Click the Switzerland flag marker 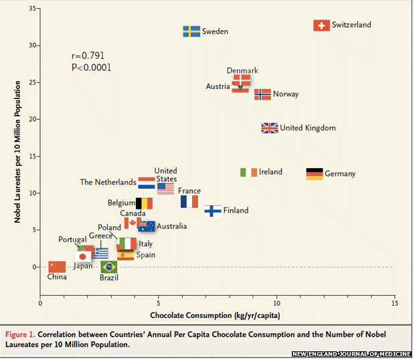[x=322, y=25]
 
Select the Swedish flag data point [x=191, y=31]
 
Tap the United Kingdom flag [x=270, y=128]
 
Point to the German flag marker [x=315, y=174]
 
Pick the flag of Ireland [x=248, y=172]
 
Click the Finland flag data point [x=213, y=211]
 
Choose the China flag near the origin [x=57, y=266]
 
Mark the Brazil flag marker [x=108, y=267]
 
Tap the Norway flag [x=262, y=94]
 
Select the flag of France [x=189, y=201]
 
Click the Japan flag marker [x=83, y=256]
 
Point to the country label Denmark [x=242, y=70]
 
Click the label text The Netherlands [x=108, y=182]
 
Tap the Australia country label [x=172, y=226]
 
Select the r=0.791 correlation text [x=88, y=56]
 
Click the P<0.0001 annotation [x=91, y=67]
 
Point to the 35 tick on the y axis [x=33, y=9]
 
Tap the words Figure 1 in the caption [x=22, y=333]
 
